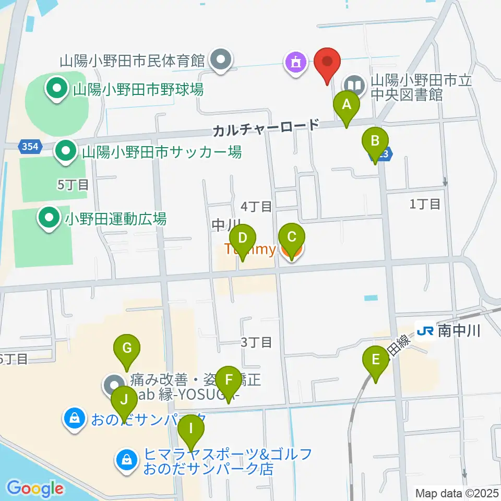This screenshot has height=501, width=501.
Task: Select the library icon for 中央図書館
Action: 354,84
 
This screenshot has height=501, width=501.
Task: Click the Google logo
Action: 35,488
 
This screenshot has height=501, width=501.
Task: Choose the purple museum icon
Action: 295,63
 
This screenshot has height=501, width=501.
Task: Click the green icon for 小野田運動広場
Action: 50,219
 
